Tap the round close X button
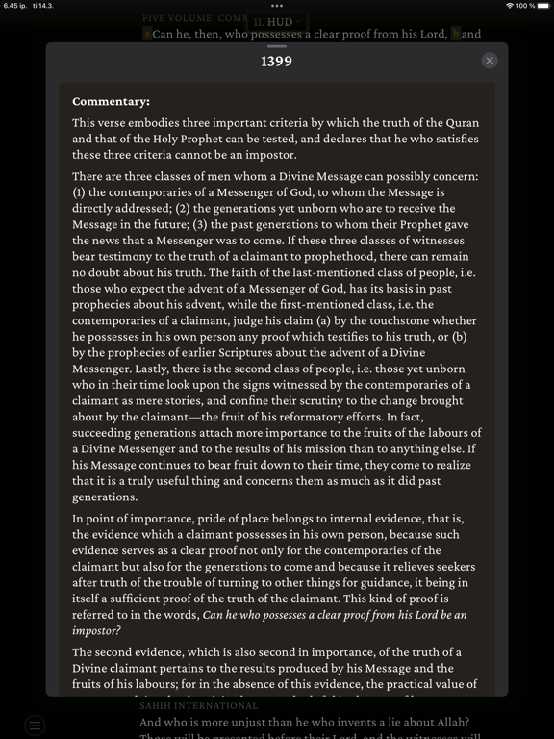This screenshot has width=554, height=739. pos(490,61)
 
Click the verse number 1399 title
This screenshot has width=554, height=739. pos(276,62)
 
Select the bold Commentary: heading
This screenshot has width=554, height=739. pos(111,101)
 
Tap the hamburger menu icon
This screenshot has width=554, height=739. pos(36,726)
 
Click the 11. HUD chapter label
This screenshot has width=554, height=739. pos(276,21)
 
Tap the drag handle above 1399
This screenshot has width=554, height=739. pos(276,46)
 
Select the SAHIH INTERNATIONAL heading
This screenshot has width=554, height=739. pos(199,705)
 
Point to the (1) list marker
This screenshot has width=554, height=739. pos(80,192)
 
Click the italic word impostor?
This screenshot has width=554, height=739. pos(96,630)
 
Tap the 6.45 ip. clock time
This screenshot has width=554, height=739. pos(16,6)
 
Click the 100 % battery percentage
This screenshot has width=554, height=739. pos(525,6)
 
